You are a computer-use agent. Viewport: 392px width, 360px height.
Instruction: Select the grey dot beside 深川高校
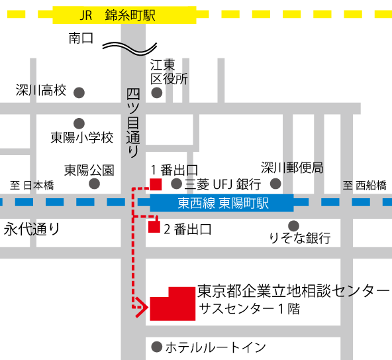[79, 92]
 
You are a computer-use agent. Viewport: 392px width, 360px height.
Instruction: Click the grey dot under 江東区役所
[157, 93]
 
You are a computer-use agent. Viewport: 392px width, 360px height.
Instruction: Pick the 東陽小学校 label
[83, 138]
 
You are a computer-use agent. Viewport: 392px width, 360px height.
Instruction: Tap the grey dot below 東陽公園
[94, 184]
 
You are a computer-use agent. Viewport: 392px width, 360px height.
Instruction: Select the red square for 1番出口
[156, 184]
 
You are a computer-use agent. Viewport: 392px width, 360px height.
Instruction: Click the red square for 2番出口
[154, 227]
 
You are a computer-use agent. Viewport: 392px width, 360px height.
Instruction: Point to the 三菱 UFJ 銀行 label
[222, 184]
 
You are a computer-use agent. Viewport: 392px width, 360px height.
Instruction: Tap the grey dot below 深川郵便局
[275, 184]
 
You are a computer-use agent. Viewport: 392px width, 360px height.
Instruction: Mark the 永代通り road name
[32, 229]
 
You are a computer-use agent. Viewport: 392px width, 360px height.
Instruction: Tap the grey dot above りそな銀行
[293, 225]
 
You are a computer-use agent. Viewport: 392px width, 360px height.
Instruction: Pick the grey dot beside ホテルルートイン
[157, 347]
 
